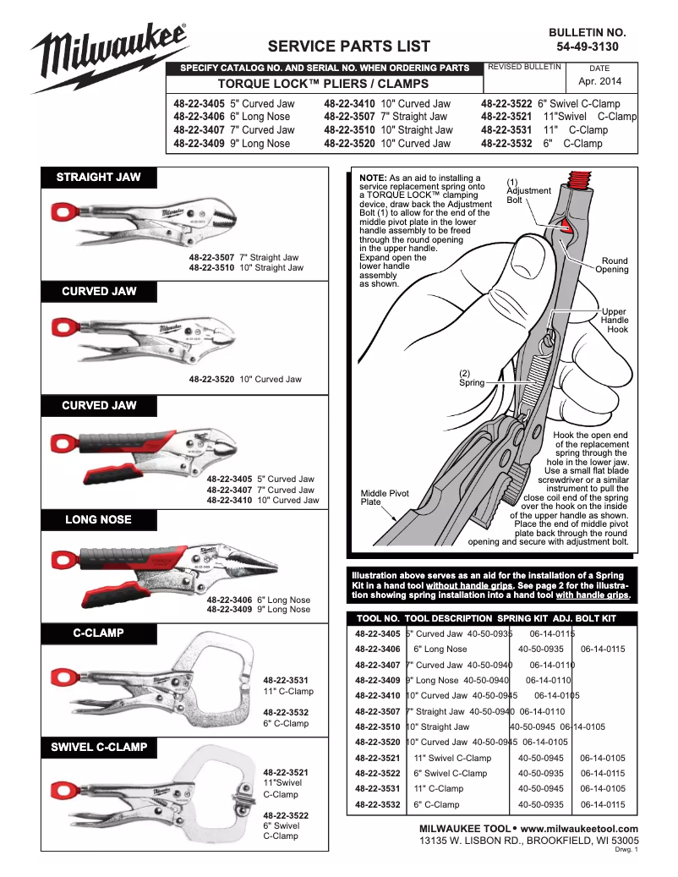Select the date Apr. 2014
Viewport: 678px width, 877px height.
pos(599,82)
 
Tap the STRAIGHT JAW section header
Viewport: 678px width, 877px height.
pos(98,178)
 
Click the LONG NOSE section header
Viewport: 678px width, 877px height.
pos(98,519)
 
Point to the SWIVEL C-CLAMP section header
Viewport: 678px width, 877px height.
pos(98,747)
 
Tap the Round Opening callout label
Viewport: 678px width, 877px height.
pos(611,266)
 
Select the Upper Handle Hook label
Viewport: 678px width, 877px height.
pos(614,321)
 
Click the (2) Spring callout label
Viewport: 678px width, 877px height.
pos(471,378)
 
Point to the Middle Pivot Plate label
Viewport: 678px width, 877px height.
pos(384,497)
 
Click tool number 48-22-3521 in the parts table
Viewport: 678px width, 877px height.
pos(378,758)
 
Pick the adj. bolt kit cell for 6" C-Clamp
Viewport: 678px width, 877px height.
pos(603,804)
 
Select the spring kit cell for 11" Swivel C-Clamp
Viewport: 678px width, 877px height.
pos(540,758)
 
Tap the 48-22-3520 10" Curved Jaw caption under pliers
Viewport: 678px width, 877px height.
pos(245,379)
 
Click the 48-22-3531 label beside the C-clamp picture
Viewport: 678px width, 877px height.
pos(286,680)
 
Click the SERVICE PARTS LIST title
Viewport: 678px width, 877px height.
pos(348,47)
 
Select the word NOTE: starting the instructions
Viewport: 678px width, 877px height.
pos(373,178)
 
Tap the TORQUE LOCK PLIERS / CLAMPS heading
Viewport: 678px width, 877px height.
pos(323,84)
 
